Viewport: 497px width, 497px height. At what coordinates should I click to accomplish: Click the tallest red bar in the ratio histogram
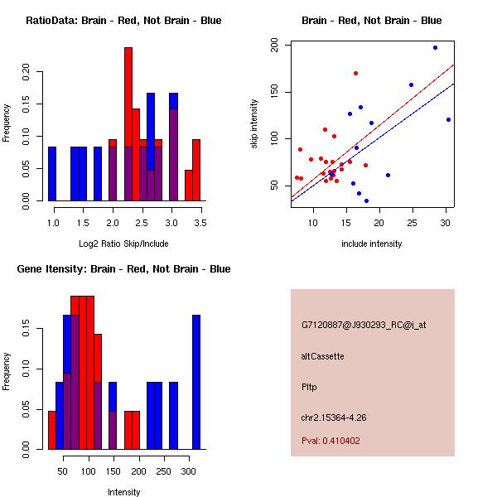tap(128, 124)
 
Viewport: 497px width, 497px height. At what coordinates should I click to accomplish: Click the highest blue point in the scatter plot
tap(435, 48)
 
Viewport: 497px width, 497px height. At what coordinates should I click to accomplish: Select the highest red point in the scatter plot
tap(355, 73)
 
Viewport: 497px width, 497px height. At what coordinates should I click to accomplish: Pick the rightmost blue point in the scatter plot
tap(448, 119)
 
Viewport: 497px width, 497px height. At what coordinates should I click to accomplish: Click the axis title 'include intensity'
tap(372, 244)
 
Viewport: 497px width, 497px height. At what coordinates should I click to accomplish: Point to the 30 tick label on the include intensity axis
tap(446, 223)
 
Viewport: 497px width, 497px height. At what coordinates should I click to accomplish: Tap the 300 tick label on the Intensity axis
tap(190, 471)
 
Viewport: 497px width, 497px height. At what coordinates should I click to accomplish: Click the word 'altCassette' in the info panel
tap(322, 356)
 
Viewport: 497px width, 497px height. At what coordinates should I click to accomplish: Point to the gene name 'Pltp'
tap(309, 386)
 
